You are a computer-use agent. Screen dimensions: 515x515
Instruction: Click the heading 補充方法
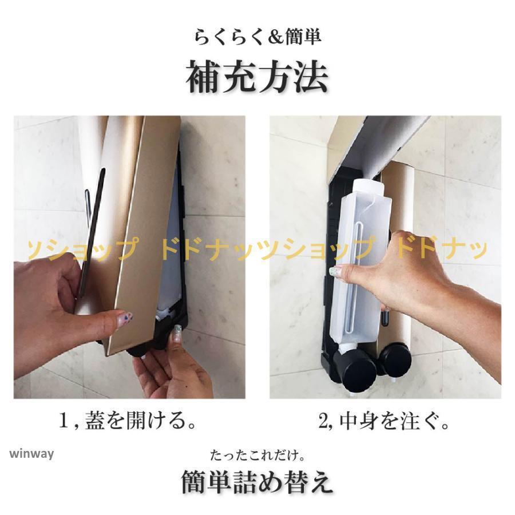(x=257, y=77)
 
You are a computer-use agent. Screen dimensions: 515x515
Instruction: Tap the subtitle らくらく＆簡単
(x=257, y=37)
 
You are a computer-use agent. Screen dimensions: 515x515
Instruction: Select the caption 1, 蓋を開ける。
(x=127, y=421)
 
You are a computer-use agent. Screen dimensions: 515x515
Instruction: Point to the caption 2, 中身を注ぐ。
(x=384, y=421)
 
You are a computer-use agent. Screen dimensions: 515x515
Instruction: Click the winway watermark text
(x=31, y=454)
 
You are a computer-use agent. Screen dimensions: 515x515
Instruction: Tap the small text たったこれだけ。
(x=257, y=455)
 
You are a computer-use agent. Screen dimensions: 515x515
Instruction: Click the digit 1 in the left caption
(x=64, y=421)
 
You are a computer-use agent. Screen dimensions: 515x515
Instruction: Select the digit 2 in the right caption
(x=323, y=421)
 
